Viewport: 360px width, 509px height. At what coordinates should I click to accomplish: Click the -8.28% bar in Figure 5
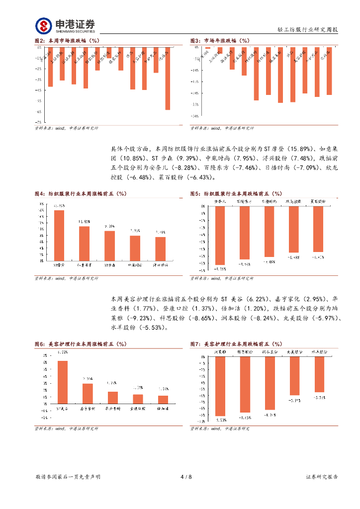tap(219, 235)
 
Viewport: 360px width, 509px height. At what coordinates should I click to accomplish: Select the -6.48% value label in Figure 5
tap(293, 257)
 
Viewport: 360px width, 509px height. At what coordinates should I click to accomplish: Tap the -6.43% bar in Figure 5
tap(318, 228)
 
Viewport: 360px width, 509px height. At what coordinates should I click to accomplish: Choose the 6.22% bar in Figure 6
tap(63, 382)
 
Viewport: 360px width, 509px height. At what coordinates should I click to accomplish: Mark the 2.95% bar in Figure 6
tap(88, 393)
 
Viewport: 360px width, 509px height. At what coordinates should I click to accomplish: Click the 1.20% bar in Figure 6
tap(163, 399)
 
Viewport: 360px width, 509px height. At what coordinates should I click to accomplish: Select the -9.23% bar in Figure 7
tap(220, 386)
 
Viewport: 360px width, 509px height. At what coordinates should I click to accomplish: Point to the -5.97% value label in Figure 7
tap(294, 400)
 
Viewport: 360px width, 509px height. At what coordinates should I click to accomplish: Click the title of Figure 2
tap(67, 40)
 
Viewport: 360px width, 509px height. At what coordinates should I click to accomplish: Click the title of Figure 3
tap(219, 40)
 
